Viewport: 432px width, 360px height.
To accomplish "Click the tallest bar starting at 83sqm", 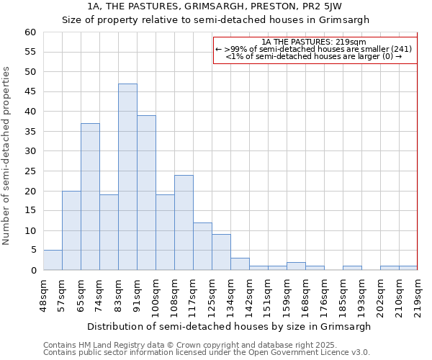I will [x=127, y=177].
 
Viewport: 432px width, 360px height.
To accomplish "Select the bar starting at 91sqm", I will [x=146, y=193].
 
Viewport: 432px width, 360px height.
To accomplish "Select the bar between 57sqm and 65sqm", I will [x=71, y=230].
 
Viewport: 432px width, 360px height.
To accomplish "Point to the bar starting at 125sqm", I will [x=221, y=252].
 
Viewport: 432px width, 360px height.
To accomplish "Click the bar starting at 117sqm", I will [x=202, y=246].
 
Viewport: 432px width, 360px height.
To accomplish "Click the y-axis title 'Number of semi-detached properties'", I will [x=6, y=156].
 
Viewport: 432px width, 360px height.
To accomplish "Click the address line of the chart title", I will [x=215, y=6].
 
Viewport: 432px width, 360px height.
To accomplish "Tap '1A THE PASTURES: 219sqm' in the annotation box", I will [x=315, y=42].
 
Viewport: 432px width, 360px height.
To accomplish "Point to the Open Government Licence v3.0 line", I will [x=206, y=352].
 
